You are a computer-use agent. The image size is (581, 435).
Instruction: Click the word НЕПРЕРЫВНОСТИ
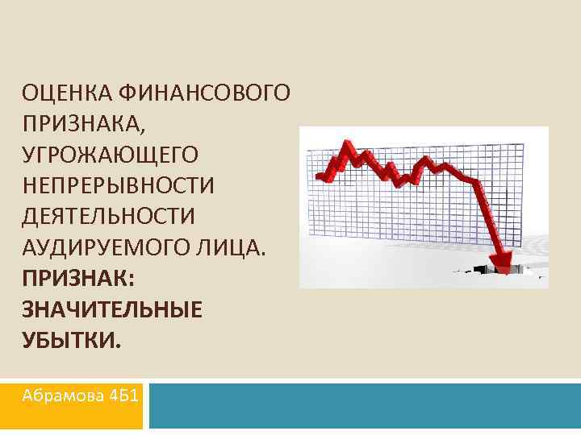click(119, 186)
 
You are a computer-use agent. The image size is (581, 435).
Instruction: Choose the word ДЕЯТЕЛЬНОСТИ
click(110, 217)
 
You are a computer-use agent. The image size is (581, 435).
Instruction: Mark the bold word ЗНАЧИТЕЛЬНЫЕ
click(112, 309)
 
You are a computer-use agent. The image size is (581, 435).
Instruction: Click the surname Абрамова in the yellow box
click(58, 396)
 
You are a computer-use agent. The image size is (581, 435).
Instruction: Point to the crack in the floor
click(484, 269)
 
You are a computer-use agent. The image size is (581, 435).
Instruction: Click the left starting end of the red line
click(320, 176)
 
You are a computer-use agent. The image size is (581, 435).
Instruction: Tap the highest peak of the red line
click(349, 144)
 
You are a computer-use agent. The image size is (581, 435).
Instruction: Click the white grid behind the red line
click(420, 217)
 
